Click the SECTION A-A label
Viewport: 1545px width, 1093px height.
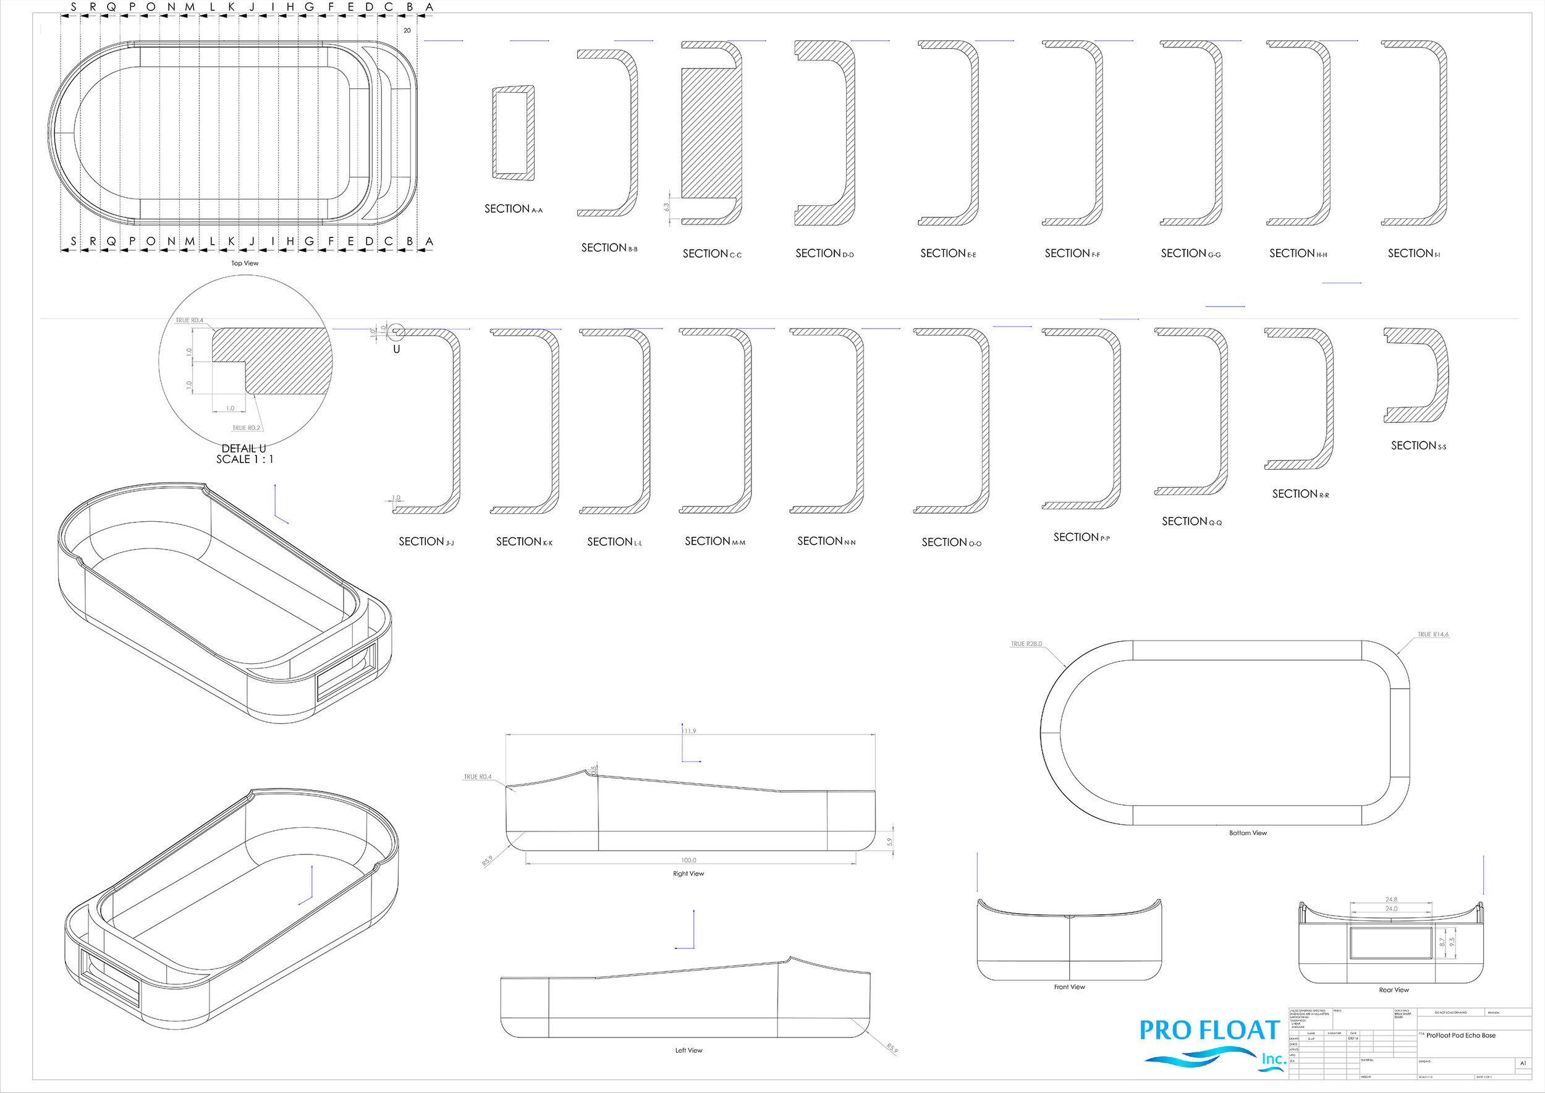point(513,210)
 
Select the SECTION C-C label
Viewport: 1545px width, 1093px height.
point(712,253)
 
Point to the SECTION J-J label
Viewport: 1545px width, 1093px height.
point(426,542)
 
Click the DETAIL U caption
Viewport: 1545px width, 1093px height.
point(244,449)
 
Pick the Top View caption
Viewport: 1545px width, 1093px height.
point(245,263)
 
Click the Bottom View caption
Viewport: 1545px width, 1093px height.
point(1248,833)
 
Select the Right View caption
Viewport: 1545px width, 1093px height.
point(688,874)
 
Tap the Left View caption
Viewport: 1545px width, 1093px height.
point(688,1050)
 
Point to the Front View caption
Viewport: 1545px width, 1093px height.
point(1069,987)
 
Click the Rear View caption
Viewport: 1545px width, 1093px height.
point(1394,990)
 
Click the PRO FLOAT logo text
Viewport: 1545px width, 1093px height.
point(1209,1031)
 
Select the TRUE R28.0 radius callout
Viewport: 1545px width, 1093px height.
point(1025,644)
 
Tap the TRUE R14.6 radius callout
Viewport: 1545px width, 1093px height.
point(1433,635)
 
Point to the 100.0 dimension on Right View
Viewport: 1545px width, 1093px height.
point(688,860)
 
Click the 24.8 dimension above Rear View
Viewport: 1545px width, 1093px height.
point(1391,899)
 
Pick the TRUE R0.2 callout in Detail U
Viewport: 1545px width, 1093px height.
point(245,428)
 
